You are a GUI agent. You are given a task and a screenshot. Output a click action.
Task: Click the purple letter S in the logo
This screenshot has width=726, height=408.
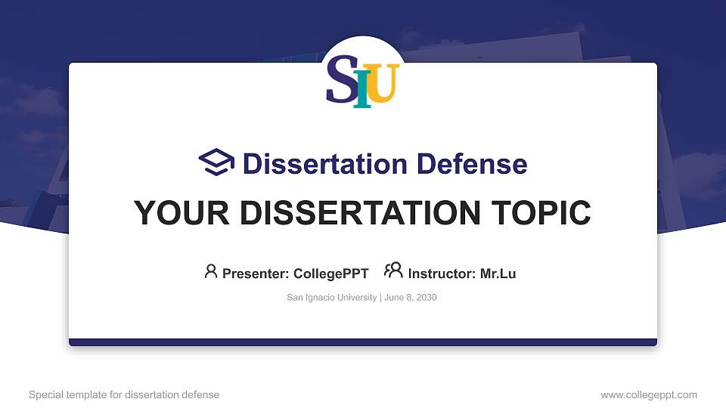point(340,79)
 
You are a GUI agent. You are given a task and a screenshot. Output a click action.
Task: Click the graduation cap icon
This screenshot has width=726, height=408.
point(216,163)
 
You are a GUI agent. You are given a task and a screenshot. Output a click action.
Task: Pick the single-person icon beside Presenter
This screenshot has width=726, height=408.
point(211,270)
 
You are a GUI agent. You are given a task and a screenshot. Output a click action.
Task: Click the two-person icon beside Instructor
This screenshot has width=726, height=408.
point(393,270)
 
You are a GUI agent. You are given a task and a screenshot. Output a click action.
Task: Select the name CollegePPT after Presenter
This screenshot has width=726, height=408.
point(331,274)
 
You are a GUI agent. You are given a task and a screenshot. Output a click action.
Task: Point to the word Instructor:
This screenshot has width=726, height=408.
point(442,274)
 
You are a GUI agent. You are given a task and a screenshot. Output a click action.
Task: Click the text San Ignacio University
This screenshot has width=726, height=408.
point(331,298)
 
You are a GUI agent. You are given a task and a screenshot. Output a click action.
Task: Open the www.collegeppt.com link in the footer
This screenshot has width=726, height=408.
point(648,394)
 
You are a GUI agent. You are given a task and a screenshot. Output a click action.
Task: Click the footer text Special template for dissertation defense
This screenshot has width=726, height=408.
point(124,394)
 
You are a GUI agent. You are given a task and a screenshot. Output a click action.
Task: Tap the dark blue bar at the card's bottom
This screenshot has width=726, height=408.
point(363,342)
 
